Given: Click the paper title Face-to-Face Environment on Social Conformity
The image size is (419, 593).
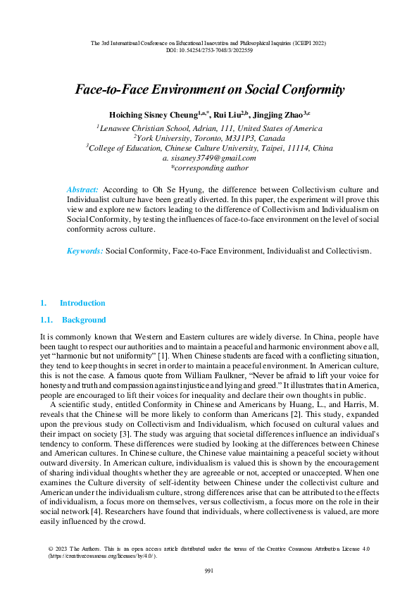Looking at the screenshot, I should point(209,89).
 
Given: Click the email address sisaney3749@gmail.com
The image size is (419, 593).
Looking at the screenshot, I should point(212,158).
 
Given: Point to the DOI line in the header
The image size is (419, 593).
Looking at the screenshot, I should point(209,51).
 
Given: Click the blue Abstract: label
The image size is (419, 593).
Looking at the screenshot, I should point(83,190).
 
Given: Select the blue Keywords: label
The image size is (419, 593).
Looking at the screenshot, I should point(85,251).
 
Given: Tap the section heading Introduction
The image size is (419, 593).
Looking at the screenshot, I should point(82,304).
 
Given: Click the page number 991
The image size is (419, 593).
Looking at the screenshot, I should point(209,570).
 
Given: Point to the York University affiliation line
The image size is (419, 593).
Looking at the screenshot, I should point(209,138).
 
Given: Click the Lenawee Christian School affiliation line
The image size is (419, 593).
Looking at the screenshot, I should point(209,128).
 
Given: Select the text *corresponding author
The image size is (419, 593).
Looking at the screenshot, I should point(209,168).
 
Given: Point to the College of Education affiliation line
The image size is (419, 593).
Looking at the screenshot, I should point(209,148).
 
